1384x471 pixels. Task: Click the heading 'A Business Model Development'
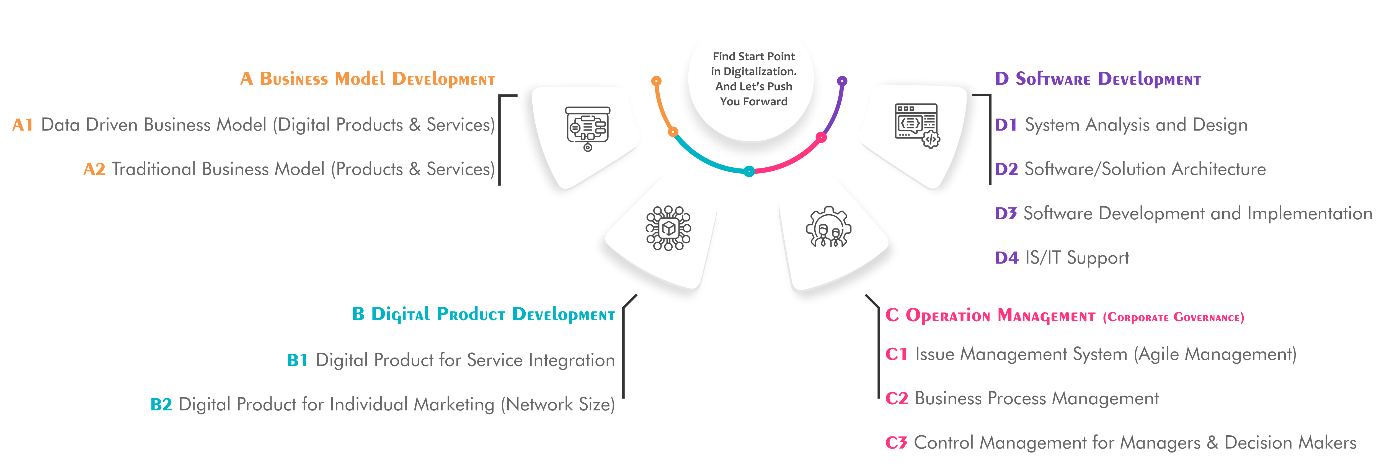[368, 79]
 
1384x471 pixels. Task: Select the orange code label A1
[23, 125]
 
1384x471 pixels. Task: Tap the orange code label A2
[94, 169]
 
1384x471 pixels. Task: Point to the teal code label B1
[297, 360]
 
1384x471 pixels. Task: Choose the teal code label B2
[161, 404]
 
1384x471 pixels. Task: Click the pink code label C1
[896, 355]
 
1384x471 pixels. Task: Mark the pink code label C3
[896, 443]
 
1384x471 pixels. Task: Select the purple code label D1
[1005, 125]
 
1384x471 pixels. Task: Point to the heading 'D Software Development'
[1097, 79]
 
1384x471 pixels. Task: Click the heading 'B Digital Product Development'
[483, 314]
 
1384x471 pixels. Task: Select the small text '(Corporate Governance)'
[1173, 318]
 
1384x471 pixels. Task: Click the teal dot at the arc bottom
[749, 171]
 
